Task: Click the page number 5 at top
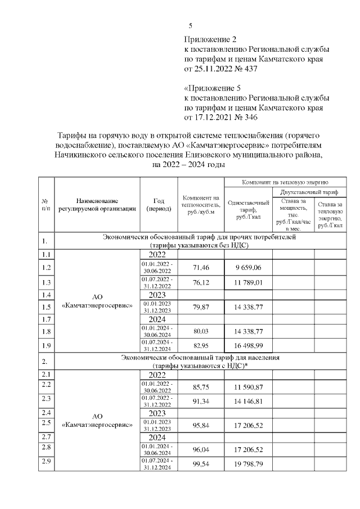(190, 26)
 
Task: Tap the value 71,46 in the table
(201, 267)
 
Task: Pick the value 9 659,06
(248, 267)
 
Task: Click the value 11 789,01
(248, 282)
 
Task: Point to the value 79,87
(201, 307)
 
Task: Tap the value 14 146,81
(248, 402)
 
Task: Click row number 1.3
(46, 282)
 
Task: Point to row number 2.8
(46, 448)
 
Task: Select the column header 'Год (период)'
(158, 205)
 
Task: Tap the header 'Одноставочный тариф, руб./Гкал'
(248, 209)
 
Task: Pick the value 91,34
(201, 402)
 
